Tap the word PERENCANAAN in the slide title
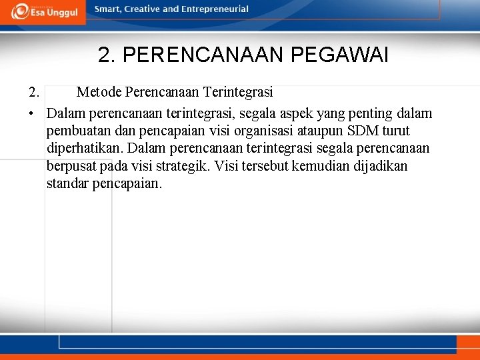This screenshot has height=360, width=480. [x=204, y=55]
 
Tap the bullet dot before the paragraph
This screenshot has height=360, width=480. [x=31, y=114]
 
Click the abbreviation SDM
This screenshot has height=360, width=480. [x=357, y=131]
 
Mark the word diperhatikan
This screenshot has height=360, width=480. [x=85, y=148]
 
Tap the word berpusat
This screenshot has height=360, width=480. [x=71, y=165]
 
